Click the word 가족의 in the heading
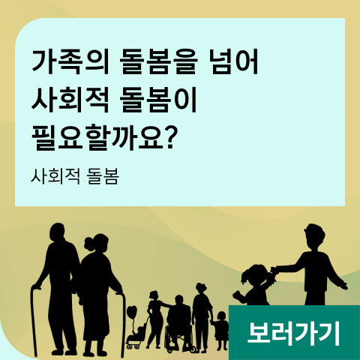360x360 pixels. tap(70, 61)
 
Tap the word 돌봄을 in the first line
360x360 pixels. tap(158, 61)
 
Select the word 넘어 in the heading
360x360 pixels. tap(233, 61)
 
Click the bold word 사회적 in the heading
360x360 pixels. tap(70, 100)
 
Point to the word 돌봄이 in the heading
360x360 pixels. tap(158, 100)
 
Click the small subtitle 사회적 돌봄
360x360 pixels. tap(75, 176)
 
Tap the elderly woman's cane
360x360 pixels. tap(122, 325)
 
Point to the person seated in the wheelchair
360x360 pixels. tap(179, 317)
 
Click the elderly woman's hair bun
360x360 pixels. tap(88, 244)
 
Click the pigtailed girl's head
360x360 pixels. tap(257, 275)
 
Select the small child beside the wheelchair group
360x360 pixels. tap(220, 331)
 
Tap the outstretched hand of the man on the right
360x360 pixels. tap(343, 285)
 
